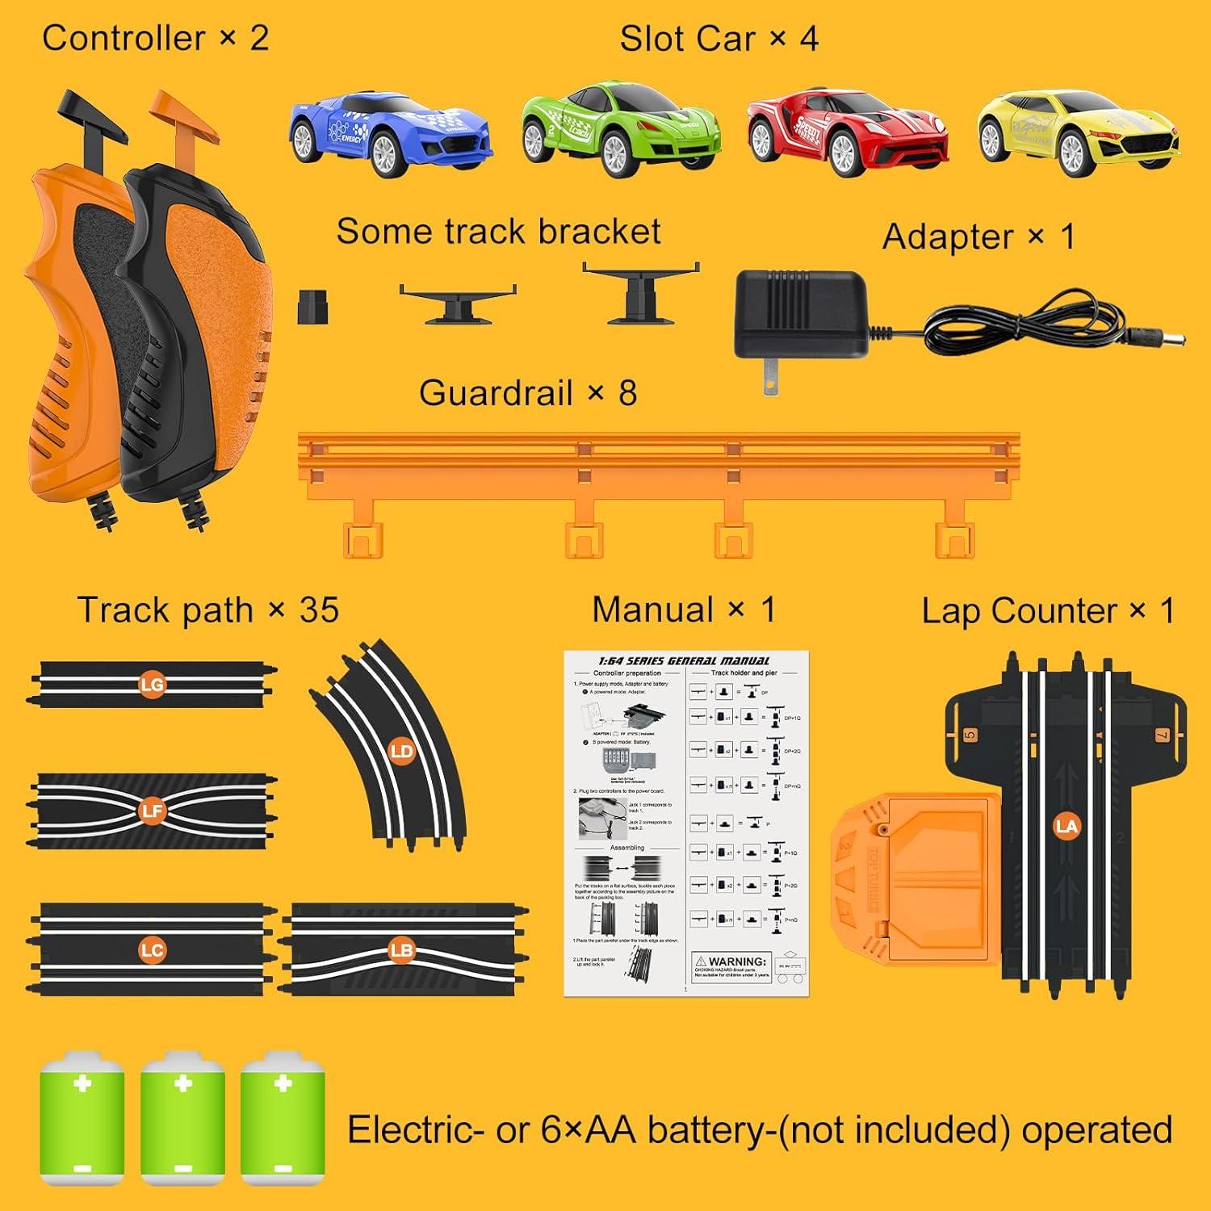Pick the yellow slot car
coord(1071,132)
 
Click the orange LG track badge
coord(152,685)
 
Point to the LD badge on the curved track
coord(401,752)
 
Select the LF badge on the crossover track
coord(152,811)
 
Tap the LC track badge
coord(152,950)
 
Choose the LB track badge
coord(401,950)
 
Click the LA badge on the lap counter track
coord(1066,826)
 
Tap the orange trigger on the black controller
coord(184,117)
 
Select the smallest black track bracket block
coord(312,308)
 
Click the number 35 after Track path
coord(319,610)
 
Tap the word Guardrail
coord(497,393)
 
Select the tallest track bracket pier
coord(641,292)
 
